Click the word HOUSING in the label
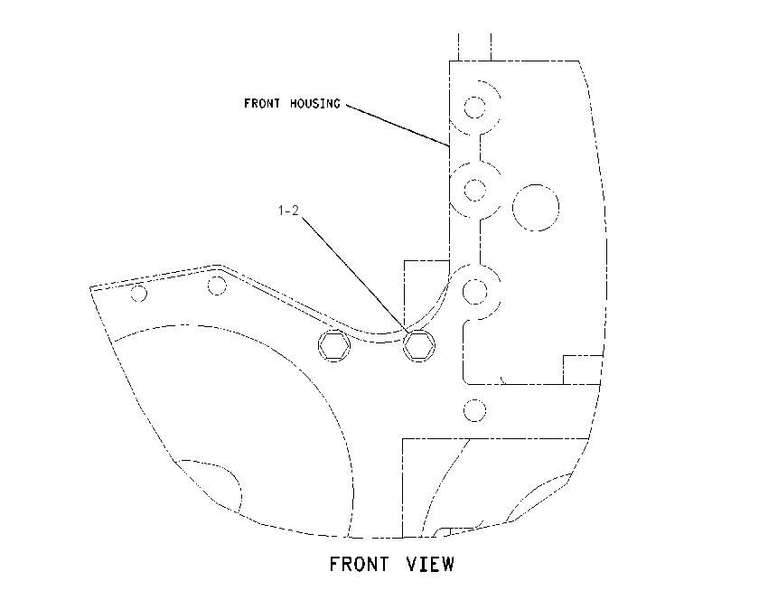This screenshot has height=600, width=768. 314,103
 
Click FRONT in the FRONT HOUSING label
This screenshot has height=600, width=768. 262,103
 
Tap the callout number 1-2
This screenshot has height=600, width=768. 288,211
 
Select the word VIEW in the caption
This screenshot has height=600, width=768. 430,564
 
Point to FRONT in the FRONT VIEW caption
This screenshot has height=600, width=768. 359,564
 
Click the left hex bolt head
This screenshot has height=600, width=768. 334,345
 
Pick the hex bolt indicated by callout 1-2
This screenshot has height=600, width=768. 418,345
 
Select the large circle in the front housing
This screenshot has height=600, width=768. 536,208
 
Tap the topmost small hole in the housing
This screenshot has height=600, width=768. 474,108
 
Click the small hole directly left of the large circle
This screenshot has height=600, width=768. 474,190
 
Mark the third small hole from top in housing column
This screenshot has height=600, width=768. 474,292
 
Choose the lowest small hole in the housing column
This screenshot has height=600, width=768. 474,410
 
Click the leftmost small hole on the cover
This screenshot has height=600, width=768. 138,294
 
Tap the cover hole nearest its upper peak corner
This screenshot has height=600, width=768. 217,286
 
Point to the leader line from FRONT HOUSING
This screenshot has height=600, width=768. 398,125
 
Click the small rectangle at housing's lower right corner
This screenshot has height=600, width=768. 583,370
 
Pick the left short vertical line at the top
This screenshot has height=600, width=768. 458,47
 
